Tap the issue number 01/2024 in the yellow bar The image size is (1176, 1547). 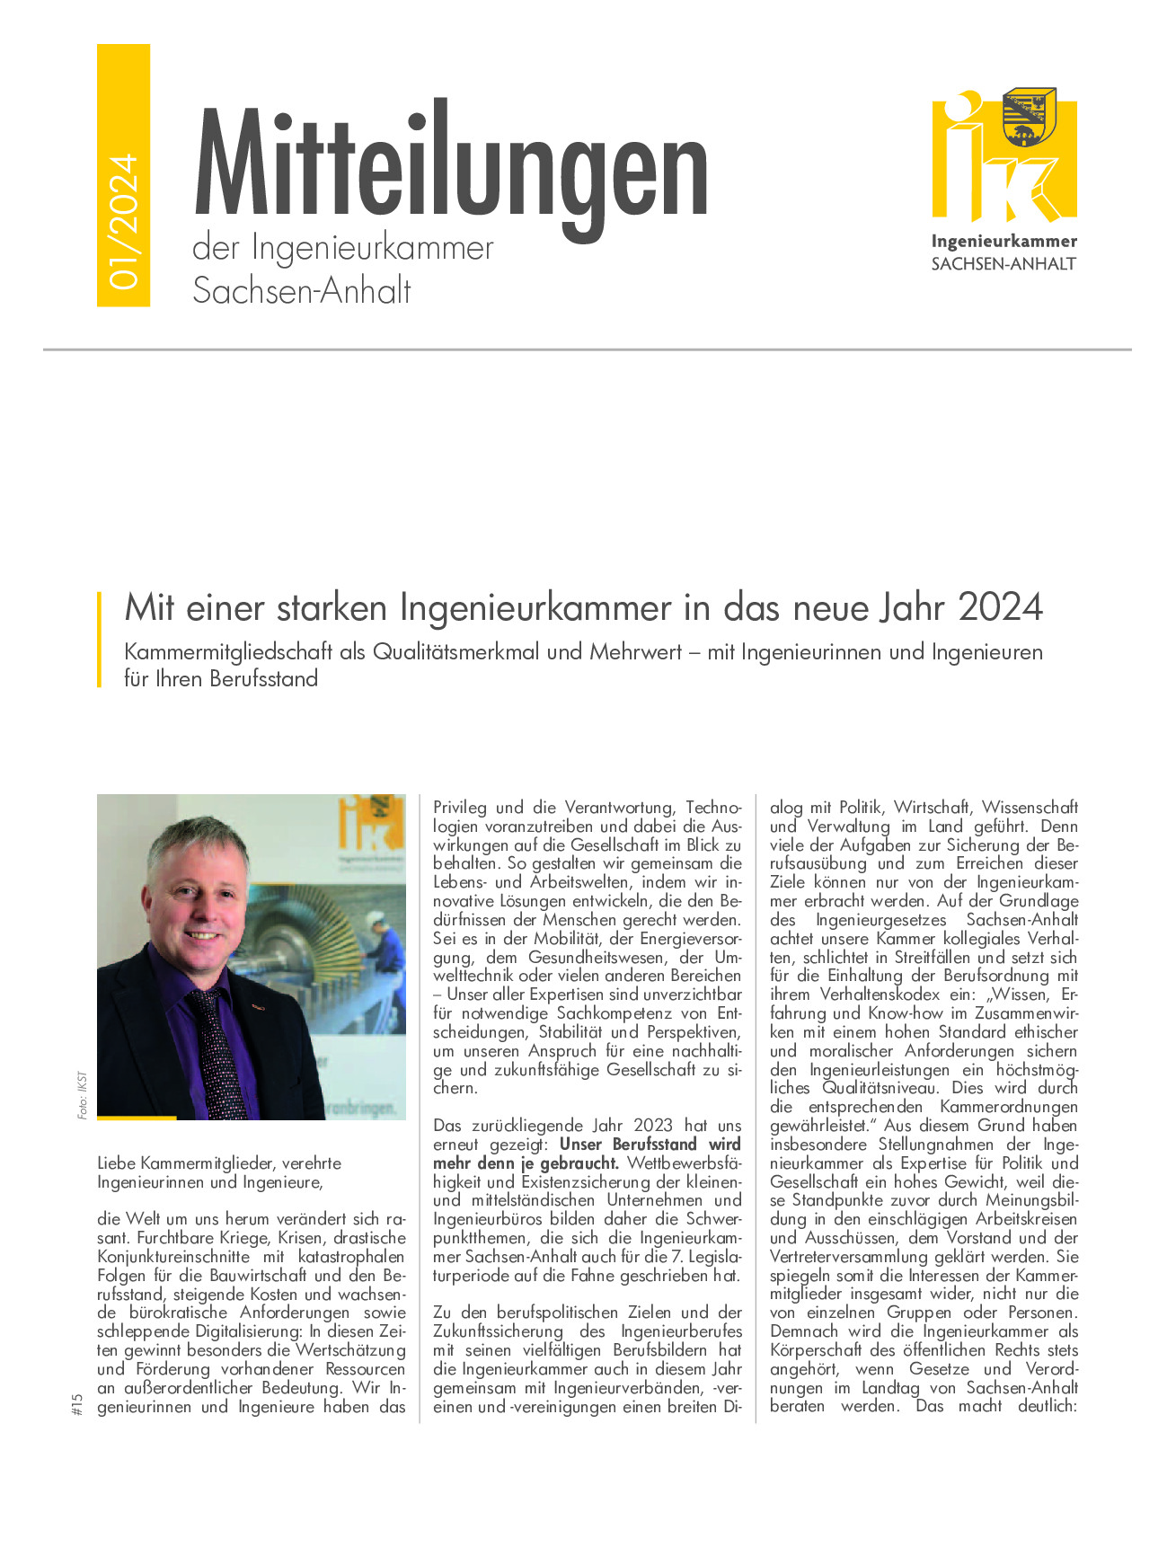point(123,221)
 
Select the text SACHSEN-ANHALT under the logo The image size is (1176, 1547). point(1004,264)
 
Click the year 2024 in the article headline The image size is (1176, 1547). point(1000,608)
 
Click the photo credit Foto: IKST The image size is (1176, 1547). point(83,1094)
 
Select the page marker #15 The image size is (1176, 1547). point(76,1404)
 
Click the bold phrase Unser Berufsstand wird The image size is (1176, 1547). point(650,1145)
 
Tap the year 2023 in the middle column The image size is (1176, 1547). point(652,1126)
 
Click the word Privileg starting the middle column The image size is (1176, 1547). point(460,808)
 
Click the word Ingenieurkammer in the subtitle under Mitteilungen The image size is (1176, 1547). point(372,249)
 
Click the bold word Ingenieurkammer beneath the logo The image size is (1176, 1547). point(1004,242)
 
